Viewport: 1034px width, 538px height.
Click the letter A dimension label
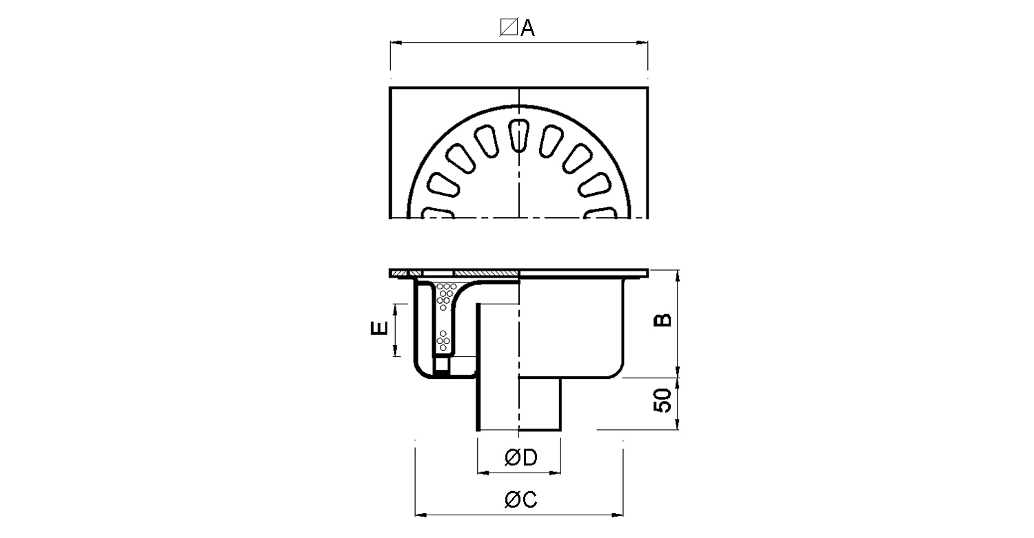pos(527,28)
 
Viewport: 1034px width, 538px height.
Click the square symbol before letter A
pos(509,28)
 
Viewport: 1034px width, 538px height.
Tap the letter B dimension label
pos(663,320)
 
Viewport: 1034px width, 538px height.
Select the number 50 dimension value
pos(663,400)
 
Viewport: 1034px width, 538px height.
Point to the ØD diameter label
pos(521,457)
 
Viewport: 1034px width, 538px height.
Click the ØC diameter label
pos(521,499)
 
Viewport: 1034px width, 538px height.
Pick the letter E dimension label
pos(379,328)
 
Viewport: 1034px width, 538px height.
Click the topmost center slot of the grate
pos(519,136)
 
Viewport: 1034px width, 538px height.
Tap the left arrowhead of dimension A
pos(396,43)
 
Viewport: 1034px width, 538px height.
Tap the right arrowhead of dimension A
pos(642,43)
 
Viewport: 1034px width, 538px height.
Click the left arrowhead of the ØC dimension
pos(421,515)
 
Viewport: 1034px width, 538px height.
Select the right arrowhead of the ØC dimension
pos(617,515)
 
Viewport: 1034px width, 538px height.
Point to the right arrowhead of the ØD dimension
pos(554,473)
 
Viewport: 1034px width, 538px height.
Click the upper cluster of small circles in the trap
pos(445,296)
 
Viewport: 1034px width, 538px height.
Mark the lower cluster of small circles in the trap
pos(443,340)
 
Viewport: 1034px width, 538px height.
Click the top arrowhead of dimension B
pos(677,276)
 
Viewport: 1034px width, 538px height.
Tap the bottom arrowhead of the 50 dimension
pos(677,424)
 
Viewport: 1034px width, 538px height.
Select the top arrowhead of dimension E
pos(395,310)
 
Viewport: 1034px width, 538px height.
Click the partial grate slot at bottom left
pos(438,213)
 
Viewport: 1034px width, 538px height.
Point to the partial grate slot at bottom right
pos(600,213)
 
